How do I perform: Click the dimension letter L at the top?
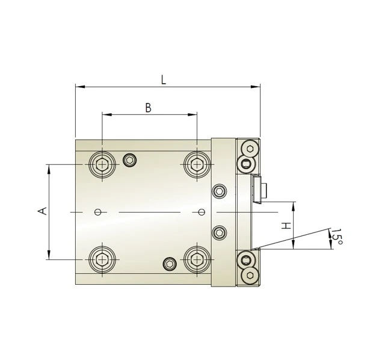[x=164, y=79]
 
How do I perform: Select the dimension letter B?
[x=148, y=108]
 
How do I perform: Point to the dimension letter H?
[x=286, y=226]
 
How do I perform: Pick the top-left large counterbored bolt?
[x=102, y=164]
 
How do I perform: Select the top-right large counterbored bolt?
[x=197, y=164]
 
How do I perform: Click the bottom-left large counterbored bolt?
[x=102, y=259]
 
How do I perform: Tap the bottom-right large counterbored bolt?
[x=197, y=259]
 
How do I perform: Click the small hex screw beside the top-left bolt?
[x=129, y=160]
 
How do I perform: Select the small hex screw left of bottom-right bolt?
[x=170, y=264]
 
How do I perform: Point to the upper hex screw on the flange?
[x=220, y=191]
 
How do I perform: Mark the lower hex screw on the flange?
[x=220, y=232]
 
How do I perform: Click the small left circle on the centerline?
[x=98, y=211]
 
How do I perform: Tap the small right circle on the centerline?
[x=201, y=211]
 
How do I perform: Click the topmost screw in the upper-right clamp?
[x=250, y=149]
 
